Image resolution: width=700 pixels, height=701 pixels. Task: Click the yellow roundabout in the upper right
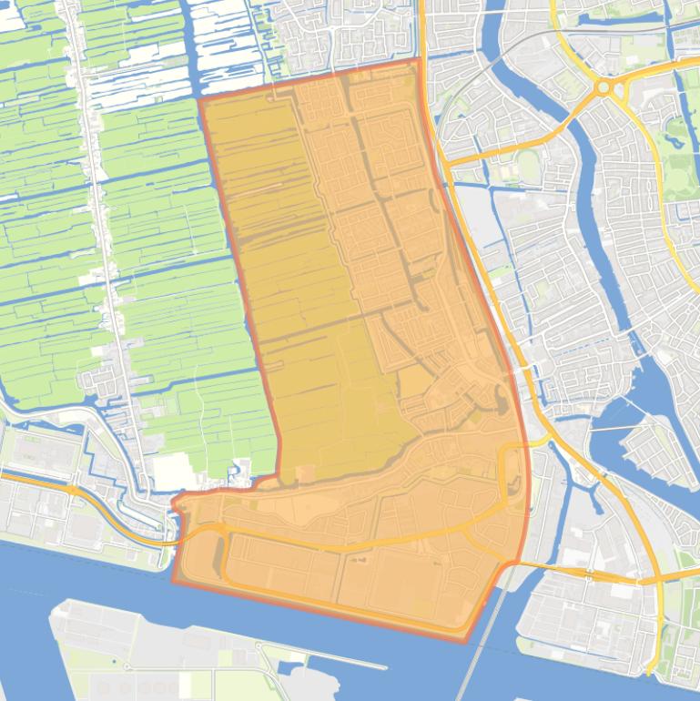pyautogui.click(x=603, y=88)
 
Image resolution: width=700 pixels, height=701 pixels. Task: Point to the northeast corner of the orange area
pyautogui.click(x=420, y=61)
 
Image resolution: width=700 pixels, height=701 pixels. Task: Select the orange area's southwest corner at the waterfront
pyautogui.click(x=174, y=579)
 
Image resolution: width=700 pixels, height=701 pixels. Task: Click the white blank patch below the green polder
pyautogui.click(x=174, y=472)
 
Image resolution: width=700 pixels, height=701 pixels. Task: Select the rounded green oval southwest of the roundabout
pyautogui.click(x=527, y=165)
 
